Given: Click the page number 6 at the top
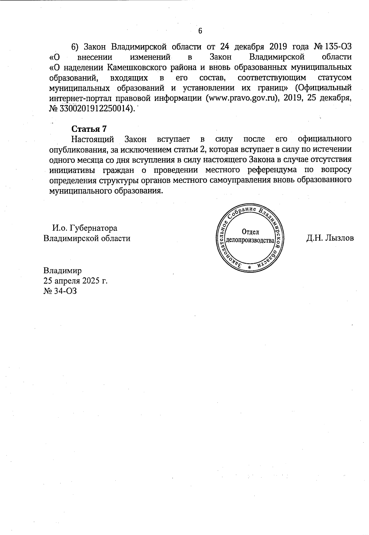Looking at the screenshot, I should coord(200,31).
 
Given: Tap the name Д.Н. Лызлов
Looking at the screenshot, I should coord(330,238).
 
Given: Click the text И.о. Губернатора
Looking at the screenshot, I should coord(85,228).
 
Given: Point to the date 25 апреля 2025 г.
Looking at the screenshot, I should coord(75,281).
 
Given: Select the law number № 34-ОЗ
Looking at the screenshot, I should coord(60,291).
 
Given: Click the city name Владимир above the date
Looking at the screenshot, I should coord(62,271).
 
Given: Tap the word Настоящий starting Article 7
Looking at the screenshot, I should coord(93,139).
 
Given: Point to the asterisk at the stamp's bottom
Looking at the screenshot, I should coord(249,267).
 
